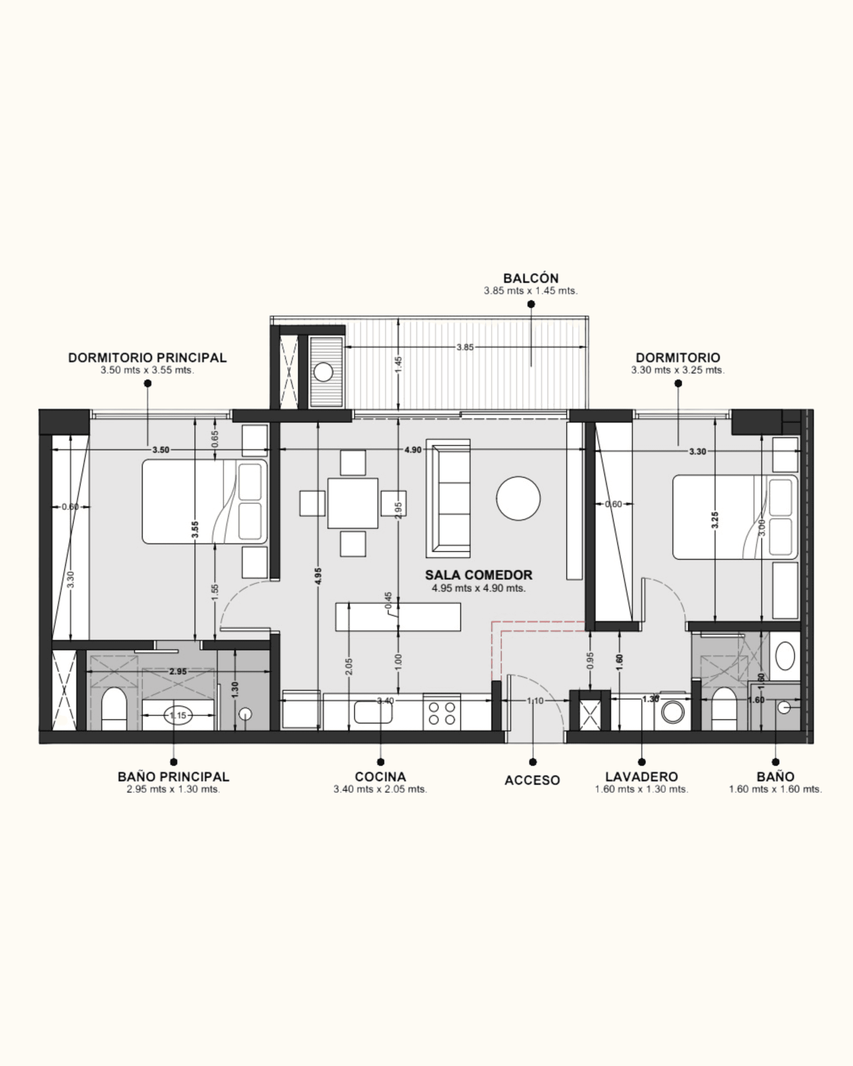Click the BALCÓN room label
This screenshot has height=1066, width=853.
click(531, 278)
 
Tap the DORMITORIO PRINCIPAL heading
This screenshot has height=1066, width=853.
click(147, 357)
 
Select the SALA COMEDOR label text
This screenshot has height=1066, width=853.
click(479, 575)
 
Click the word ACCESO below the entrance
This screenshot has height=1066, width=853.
click(532, 780)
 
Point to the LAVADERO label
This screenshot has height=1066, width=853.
click(641, 777)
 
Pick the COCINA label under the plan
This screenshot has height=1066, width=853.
click(380, 777)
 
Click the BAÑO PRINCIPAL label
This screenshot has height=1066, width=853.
click(174, 777)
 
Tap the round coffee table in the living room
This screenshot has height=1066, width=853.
click(518, 498)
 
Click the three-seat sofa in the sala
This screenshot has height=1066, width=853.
click(449, 498)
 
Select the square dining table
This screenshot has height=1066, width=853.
click(353, 503)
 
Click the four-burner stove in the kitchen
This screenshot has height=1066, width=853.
click(441, 712)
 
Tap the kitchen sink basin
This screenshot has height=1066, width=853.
click(373, 712)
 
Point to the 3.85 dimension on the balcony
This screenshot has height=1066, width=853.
click(465, 347)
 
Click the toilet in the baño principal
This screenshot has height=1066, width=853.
click(114, 709)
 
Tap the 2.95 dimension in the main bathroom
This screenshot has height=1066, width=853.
click(178, 671)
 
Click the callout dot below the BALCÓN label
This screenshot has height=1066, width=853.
click(531, 304)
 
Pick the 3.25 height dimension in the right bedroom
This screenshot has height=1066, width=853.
click(715, 520)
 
